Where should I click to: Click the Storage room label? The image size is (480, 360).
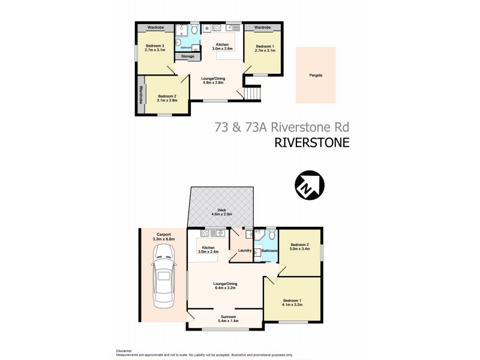[187, 56]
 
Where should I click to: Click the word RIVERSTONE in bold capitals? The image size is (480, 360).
[311, 142]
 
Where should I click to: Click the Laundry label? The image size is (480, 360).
[244, 251]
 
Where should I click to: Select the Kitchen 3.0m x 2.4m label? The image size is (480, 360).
[209, 250]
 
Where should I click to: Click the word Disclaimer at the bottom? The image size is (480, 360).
[124, 350]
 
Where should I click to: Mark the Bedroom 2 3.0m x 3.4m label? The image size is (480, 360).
[300, 246]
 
